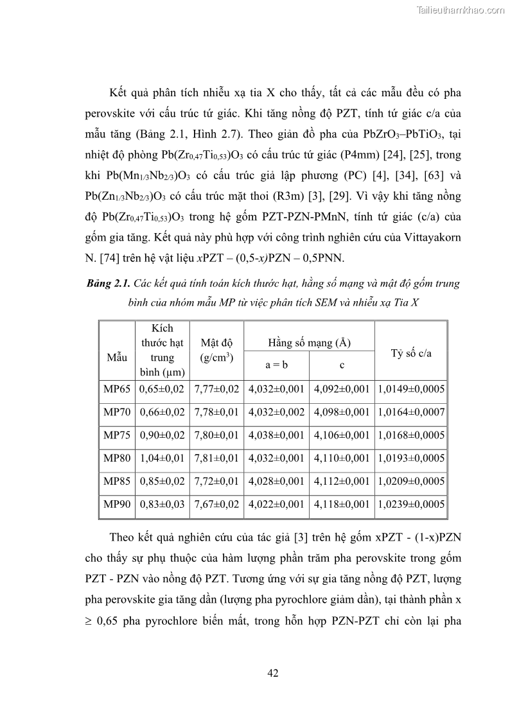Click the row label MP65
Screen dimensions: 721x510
point(116,388)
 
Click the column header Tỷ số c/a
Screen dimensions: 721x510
point(411,353)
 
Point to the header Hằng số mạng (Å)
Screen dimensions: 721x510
point(309,343)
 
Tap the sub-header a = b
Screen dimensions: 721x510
point(277,365)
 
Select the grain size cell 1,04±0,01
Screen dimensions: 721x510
point(161,458)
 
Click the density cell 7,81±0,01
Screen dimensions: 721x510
point(216,458)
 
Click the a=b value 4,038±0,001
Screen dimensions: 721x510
point(276,435)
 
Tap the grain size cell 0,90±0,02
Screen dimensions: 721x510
point(161,435)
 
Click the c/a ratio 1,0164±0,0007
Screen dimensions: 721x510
point(411,412)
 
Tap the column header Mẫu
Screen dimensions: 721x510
point(117,356)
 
